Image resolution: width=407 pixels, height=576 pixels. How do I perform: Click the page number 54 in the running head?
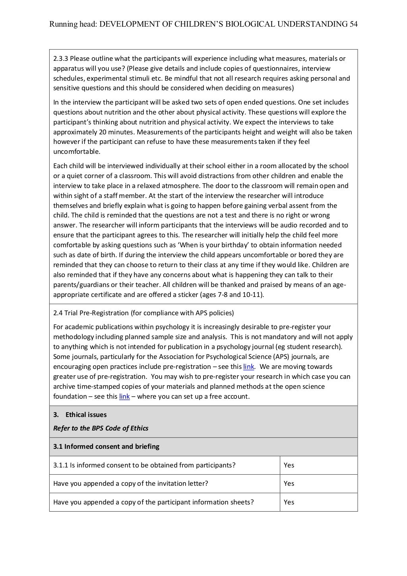tap(353, 24)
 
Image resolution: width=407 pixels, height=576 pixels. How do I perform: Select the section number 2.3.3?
tap(61, 59)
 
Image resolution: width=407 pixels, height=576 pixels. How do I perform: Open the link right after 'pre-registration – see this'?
tap(248, 367)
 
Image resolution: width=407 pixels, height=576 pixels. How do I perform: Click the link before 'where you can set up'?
tap(124, 396)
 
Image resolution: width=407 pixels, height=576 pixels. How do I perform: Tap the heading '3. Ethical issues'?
tap(80, 415)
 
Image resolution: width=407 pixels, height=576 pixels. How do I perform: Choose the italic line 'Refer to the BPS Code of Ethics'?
tap(101, 428)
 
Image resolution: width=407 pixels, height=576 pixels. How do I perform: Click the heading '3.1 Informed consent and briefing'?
tap(106, 446)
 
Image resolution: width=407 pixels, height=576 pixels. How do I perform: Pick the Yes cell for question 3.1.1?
tap(289, 465)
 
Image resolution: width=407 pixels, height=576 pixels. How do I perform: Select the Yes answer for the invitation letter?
tap(289, 483)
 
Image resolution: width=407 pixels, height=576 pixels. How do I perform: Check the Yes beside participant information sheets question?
tap(289, 502)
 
